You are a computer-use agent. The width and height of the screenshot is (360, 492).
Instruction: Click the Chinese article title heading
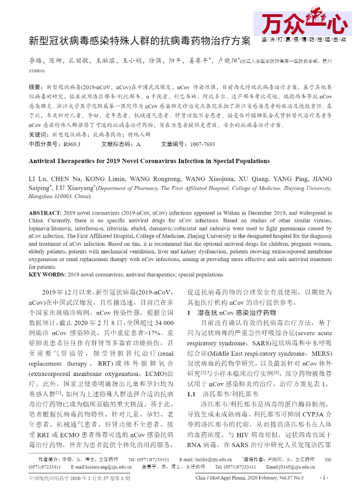tap(140, 41)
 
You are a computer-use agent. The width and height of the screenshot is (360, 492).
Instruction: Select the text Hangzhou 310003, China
tap(60, 195)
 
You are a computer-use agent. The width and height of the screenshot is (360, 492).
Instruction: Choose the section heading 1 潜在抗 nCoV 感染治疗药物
tap(231, 312)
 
